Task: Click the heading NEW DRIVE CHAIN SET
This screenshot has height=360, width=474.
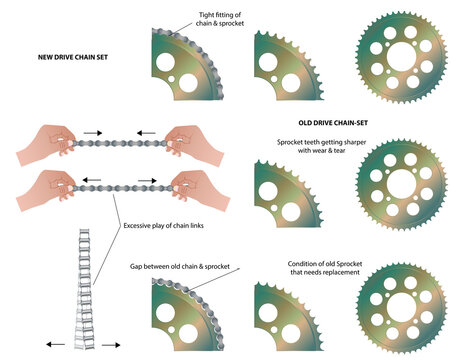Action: pos(73,57)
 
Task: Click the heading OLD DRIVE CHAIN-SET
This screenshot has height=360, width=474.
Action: pos(333,123)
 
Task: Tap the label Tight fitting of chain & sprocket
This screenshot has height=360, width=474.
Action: pos(220,19)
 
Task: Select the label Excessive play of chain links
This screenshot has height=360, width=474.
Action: pos(163,226)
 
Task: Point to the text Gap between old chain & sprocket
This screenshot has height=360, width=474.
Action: pos(180,267)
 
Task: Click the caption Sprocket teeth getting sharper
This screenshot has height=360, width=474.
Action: pos(321,142)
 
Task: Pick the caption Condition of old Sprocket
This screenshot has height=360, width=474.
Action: pos(325,264)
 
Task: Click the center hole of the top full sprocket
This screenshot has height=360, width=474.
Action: pos(401,57)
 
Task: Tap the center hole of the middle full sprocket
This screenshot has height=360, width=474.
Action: pos(401,184)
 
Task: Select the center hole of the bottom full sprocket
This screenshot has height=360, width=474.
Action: pos(401,307)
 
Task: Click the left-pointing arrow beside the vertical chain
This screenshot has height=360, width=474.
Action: pos(55,344)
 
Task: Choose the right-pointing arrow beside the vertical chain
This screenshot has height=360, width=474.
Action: pos(111,345)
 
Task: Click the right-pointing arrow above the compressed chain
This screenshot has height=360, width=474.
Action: pos(93,133)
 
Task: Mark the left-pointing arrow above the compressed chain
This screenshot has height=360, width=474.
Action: pos(146,133)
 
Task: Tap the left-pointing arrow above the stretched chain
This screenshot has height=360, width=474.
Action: pos(92,180)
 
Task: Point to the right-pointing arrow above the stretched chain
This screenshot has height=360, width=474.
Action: pos(147,181)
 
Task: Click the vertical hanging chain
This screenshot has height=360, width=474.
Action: pos(84,289)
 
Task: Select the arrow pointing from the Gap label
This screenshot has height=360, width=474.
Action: pos(214,279)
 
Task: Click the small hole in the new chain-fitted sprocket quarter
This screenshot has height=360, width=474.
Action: pos(171,79)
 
